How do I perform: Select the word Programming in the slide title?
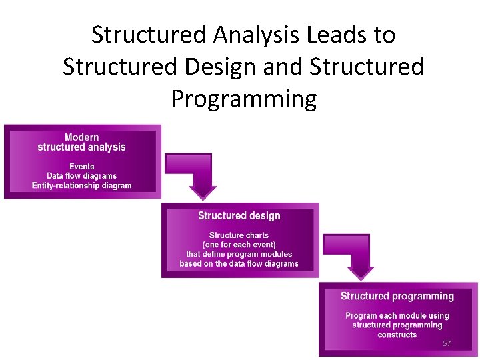[x=243, y=99]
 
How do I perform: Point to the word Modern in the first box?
[x=82, y=137]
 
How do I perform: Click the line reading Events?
[x=82, y=166]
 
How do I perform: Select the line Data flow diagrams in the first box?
[x=82, y=176]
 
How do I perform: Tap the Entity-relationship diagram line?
[x=82, y=185]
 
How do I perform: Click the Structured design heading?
[x=239, y=216]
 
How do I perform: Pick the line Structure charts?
[x=239, y=235]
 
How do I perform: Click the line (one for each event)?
[x=239, y=245]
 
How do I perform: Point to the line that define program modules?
[x=239, y=254]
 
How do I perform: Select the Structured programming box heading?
[x=397, y=296]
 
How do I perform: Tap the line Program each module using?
[x=397, y=315]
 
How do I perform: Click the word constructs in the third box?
[x=397, y=335]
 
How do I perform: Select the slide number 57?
[x=447, y=343]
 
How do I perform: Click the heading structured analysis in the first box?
[x=82, y=147]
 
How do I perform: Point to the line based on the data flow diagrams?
[x=239, y=264]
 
